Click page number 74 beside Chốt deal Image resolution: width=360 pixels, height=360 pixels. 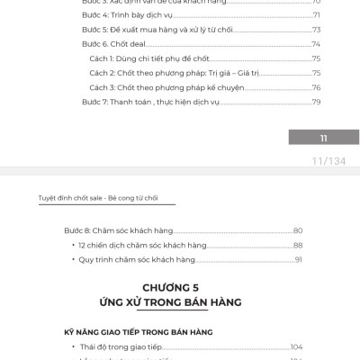(317, 44)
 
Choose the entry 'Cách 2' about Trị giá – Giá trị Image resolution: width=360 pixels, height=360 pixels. (170, 73)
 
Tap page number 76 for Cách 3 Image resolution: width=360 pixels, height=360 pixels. (317, 87)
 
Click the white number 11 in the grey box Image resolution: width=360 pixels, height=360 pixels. (322, 138)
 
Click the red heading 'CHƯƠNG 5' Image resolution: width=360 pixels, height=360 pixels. (180, 287)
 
